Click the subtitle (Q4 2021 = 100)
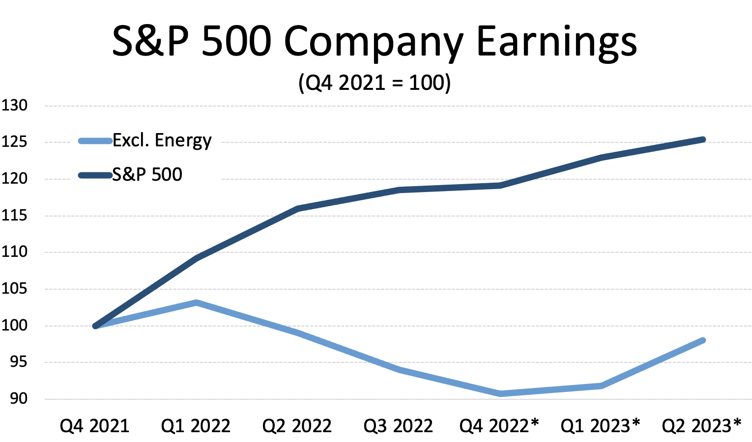point(375,83)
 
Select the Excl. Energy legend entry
point(162,140)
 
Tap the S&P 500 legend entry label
point(147,174)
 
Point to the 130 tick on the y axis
point(14,105)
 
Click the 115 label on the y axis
point(14,215)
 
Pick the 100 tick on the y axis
point(14,325)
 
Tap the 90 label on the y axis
point(18,398)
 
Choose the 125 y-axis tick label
point(14,142)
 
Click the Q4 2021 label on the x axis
point(94,426)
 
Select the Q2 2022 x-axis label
point(297,426)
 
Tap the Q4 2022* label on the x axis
point(499,425)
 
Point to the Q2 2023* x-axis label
point(701,425)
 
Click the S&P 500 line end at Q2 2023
point(702,139)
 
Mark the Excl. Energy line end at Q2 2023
point(702,340)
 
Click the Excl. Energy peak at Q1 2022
point(196,303)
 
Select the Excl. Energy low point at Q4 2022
point(500,393)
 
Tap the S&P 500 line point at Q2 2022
point(297,209)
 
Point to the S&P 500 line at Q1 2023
point(601,158)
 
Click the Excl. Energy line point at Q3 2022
point(399,369)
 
